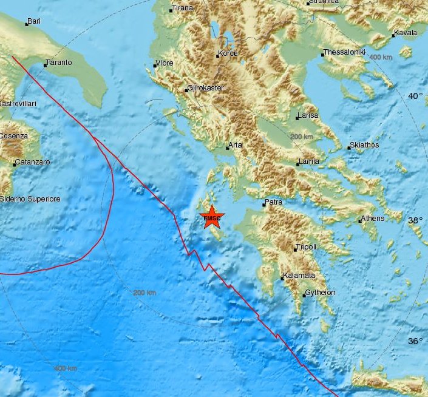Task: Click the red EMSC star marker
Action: click(212, 218)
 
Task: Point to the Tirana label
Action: click(182, 8)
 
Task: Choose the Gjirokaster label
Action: click(206, 88)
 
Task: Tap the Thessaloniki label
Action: click(345, 52)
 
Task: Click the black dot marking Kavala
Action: click(393, 35)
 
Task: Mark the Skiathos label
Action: click(364, 146)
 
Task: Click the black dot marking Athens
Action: click(360, 221)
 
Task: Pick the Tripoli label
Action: click(306, 248)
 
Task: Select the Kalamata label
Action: click(301, 276)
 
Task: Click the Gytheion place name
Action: click(321, 293)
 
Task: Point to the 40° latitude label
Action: click(415, 96)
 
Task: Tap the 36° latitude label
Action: click(415, 341)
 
